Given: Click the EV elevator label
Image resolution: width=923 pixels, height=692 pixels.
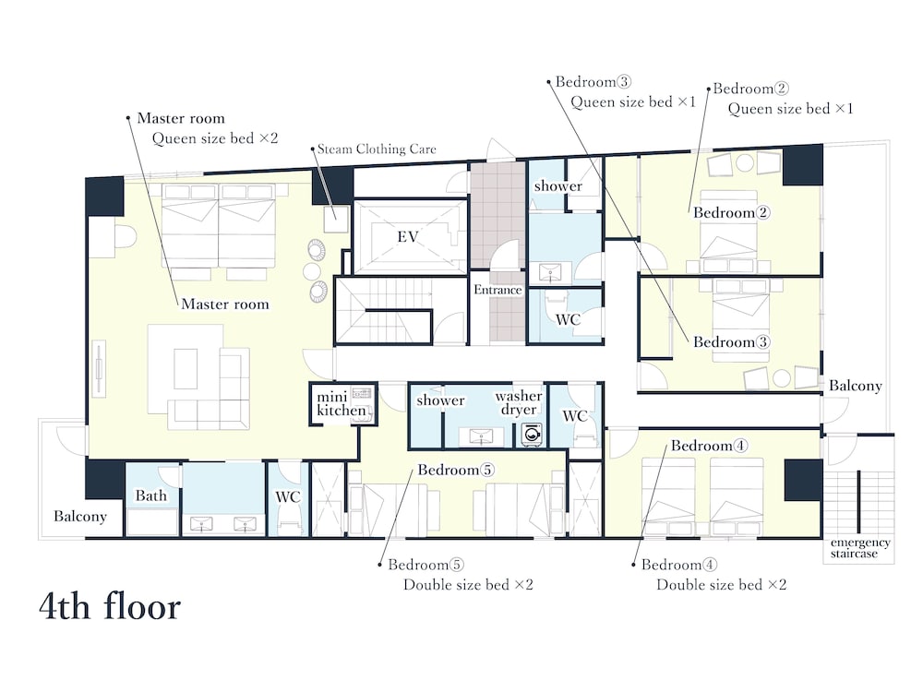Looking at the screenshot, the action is (x=408, y=237).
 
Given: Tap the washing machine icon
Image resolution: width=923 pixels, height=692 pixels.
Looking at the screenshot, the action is (x=532, y=435).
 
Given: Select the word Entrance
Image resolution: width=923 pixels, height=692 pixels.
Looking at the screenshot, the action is (x=498, y=290).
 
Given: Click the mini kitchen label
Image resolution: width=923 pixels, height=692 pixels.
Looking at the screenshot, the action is (x=342, y=403).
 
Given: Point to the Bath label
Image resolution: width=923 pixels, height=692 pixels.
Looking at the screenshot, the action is (x=150, y=495).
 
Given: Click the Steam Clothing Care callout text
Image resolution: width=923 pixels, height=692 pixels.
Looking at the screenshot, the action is (x=377, y=149).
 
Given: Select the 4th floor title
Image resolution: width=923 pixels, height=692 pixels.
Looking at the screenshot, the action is (x=110, y=607).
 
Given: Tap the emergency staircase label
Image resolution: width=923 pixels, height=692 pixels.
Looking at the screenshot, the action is (x=860, y=548).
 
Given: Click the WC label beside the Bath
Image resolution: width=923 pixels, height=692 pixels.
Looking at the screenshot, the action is (x=288, y=497).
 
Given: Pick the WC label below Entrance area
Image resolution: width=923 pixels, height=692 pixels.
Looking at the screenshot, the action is (x=568, y=319).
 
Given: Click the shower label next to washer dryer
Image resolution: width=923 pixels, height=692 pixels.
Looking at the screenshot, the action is (x=440, y=400).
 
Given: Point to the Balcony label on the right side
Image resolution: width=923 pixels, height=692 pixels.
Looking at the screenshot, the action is (x=856, y=386).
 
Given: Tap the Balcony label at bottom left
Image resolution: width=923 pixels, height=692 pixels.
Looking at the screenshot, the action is (x=80, y=516).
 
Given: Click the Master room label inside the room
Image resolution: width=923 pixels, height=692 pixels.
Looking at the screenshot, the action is (x=225, y=304).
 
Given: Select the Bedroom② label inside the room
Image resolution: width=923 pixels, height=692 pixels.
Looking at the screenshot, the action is (x=731, y=212).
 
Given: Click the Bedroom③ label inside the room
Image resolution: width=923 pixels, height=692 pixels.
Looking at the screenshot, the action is (x=731, y=342).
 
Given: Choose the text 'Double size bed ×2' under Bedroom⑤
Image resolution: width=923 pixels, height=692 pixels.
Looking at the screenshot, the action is (x=468, y=585).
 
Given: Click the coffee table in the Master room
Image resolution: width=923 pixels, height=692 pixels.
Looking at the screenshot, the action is (x=186, y=369).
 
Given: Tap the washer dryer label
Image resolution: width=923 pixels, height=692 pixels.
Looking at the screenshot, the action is (x=518, y=402).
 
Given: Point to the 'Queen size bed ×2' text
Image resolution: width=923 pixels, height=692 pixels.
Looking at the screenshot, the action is (x=215, y=138).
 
